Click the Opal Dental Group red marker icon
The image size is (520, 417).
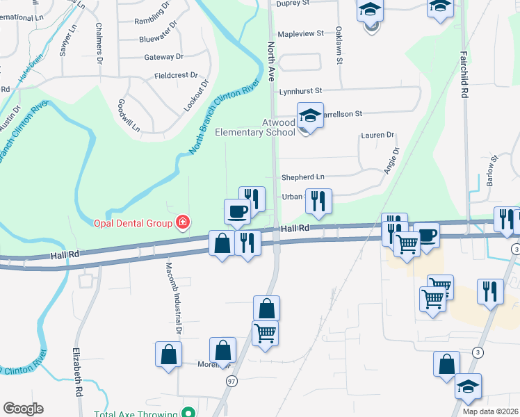point(183,222)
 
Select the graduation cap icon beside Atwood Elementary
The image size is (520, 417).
point(310,115)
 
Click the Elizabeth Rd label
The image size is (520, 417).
point(74,371)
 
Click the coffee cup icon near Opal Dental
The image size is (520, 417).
point(237,211)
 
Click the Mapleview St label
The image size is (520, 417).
point(301,33)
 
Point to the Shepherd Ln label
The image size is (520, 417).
point(302,177)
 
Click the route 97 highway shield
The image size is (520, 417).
point(231,381)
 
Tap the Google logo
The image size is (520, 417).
point(23,409)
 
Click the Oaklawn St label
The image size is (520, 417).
point(339,46)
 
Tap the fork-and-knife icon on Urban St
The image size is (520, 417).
point(318,202)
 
